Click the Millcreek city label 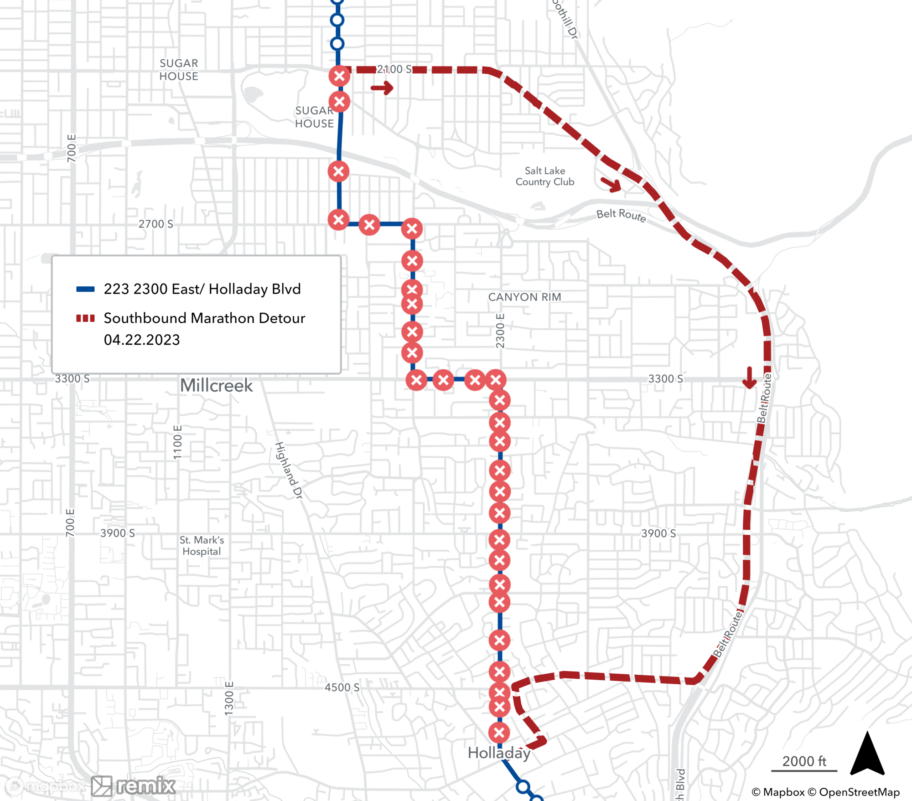(x=216, y=386)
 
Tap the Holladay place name (x=499, y=753)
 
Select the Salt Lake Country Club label (x=545, y=176)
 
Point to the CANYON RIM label (x=524, y=297)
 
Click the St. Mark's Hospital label (x=202, y=546)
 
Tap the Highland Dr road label (x=289, y=470)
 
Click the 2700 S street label (x=156, y=224)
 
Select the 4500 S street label (x=342, y=687)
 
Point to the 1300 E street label (x=229, y=698)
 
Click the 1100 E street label (x=177, y=442)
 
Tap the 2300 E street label (x=500, y=331)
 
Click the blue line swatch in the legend (x=85, y=289)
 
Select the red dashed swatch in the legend (x=85, y=318)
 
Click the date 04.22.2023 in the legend (x=142, y=340)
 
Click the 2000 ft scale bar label (x=804, y=761)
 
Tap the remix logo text (x=145, y=785)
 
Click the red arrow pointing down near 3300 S (x=749, y=378)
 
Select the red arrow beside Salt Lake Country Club (x=611, y=184)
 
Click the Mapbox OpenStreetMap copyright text (x=825, y=792)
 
